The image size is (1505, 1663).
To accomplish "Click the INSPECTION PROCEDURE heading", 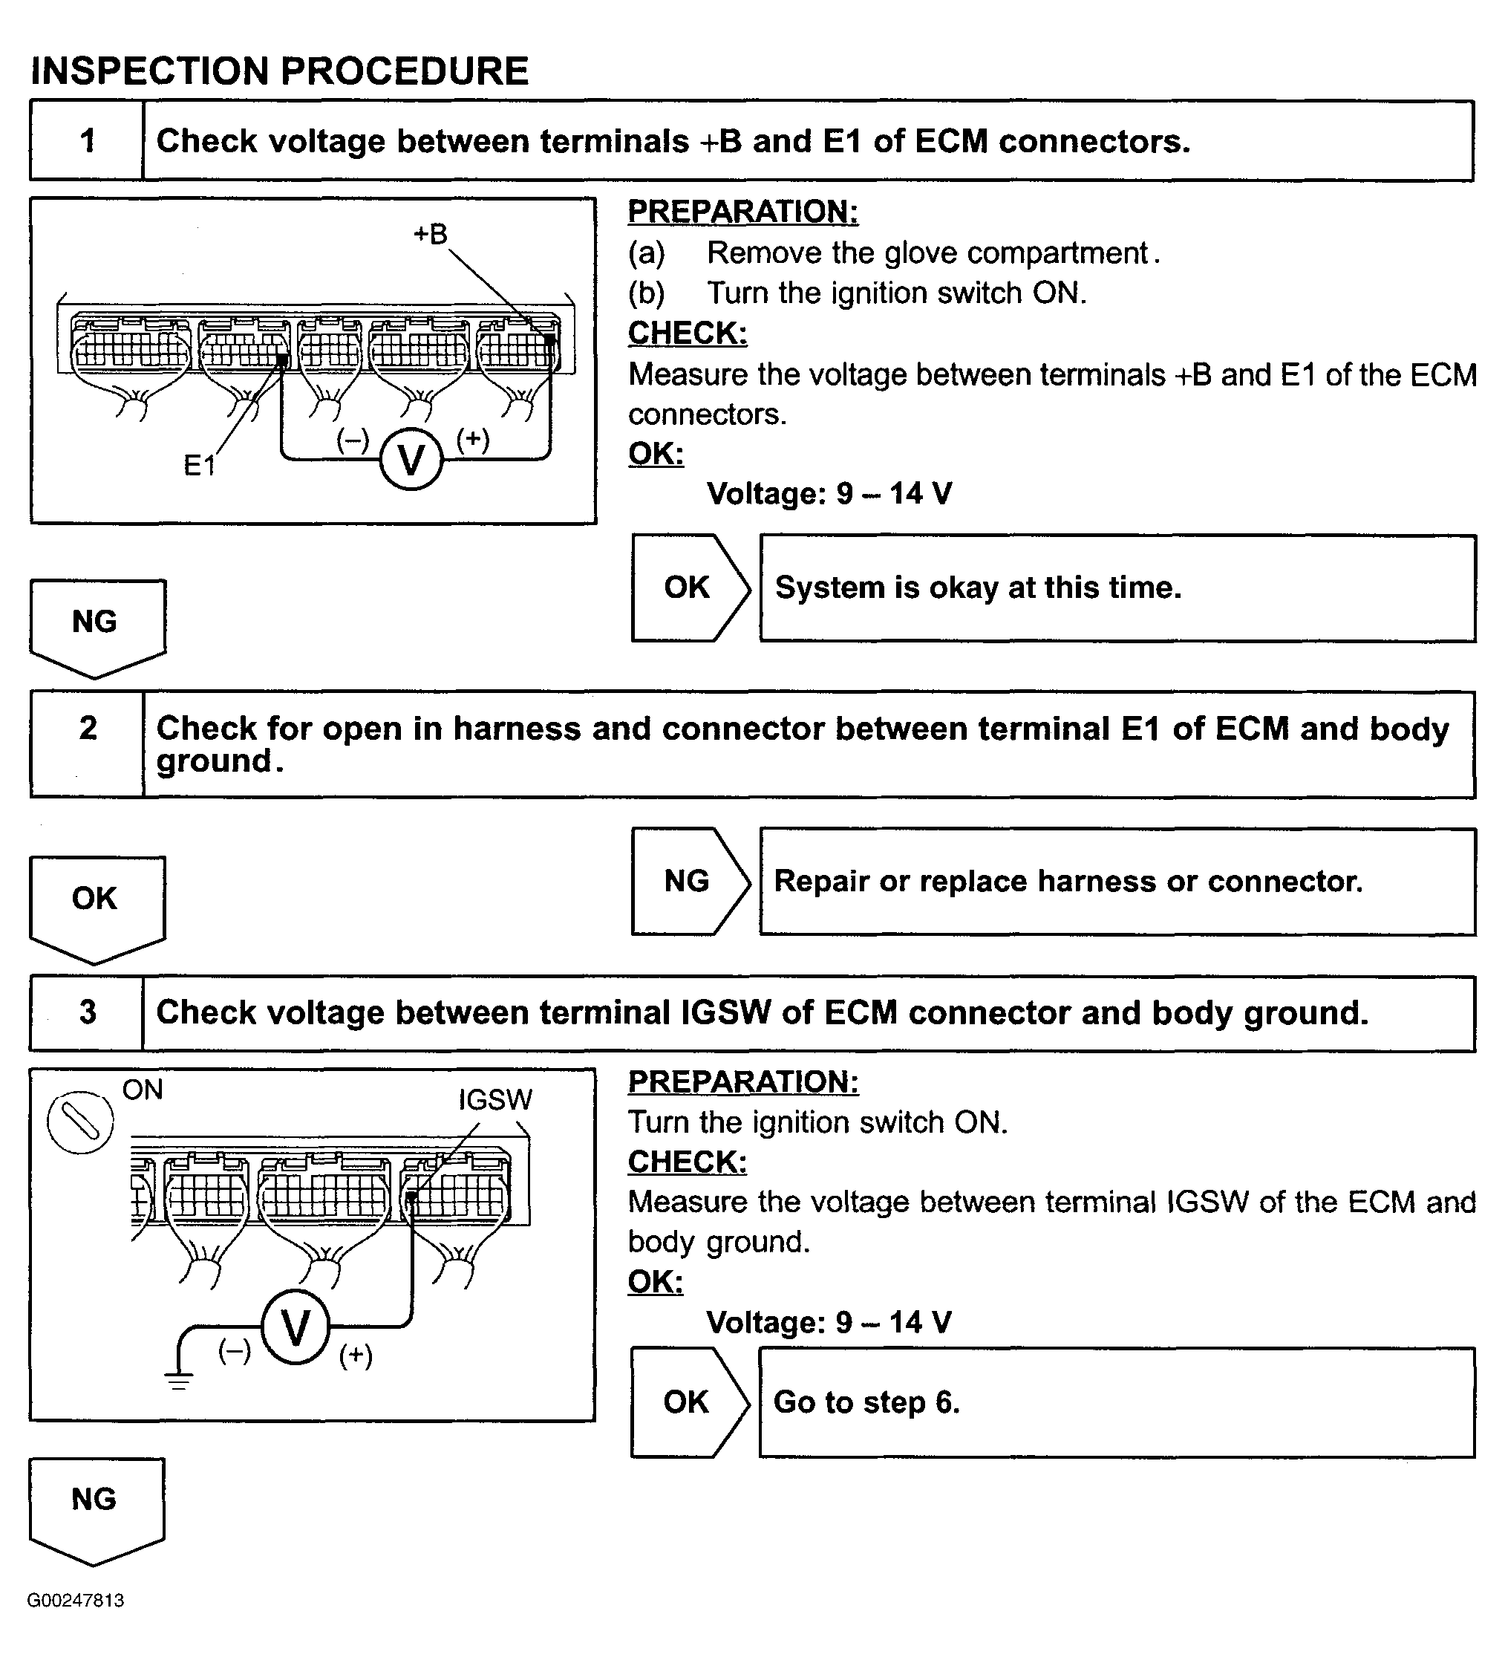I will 280,71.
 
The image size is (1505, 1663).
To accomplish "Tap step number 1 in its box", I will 88,140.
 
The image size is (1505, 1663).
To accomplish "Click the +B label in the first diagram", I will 430,234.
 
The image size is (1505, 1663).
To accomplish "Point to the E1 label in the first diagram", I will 199,466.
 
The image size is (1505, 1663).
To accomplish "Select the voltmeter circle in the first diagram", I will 411,460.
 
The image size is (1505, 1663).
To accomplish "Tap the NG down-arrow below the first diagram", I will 96,625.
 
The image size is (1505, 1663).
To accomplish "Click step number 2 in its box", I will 88,729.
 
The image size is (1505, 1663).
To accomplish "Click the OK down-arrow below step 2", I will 96,902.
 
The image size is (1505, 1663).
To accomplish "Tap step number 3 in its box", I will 88,1012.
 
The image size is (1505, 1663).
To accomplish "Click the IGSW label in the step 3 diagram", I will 494,1099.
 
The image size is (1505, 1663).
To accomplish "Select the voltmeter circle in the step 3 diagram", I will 296,1327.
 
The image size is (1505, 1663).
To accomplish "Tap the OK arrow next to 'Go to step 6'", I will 688,1402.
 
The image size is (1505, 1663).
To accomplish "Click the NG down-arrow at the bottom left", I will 95,1503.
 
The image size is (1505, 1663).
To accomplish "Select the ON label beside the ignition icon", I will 142,1090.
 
